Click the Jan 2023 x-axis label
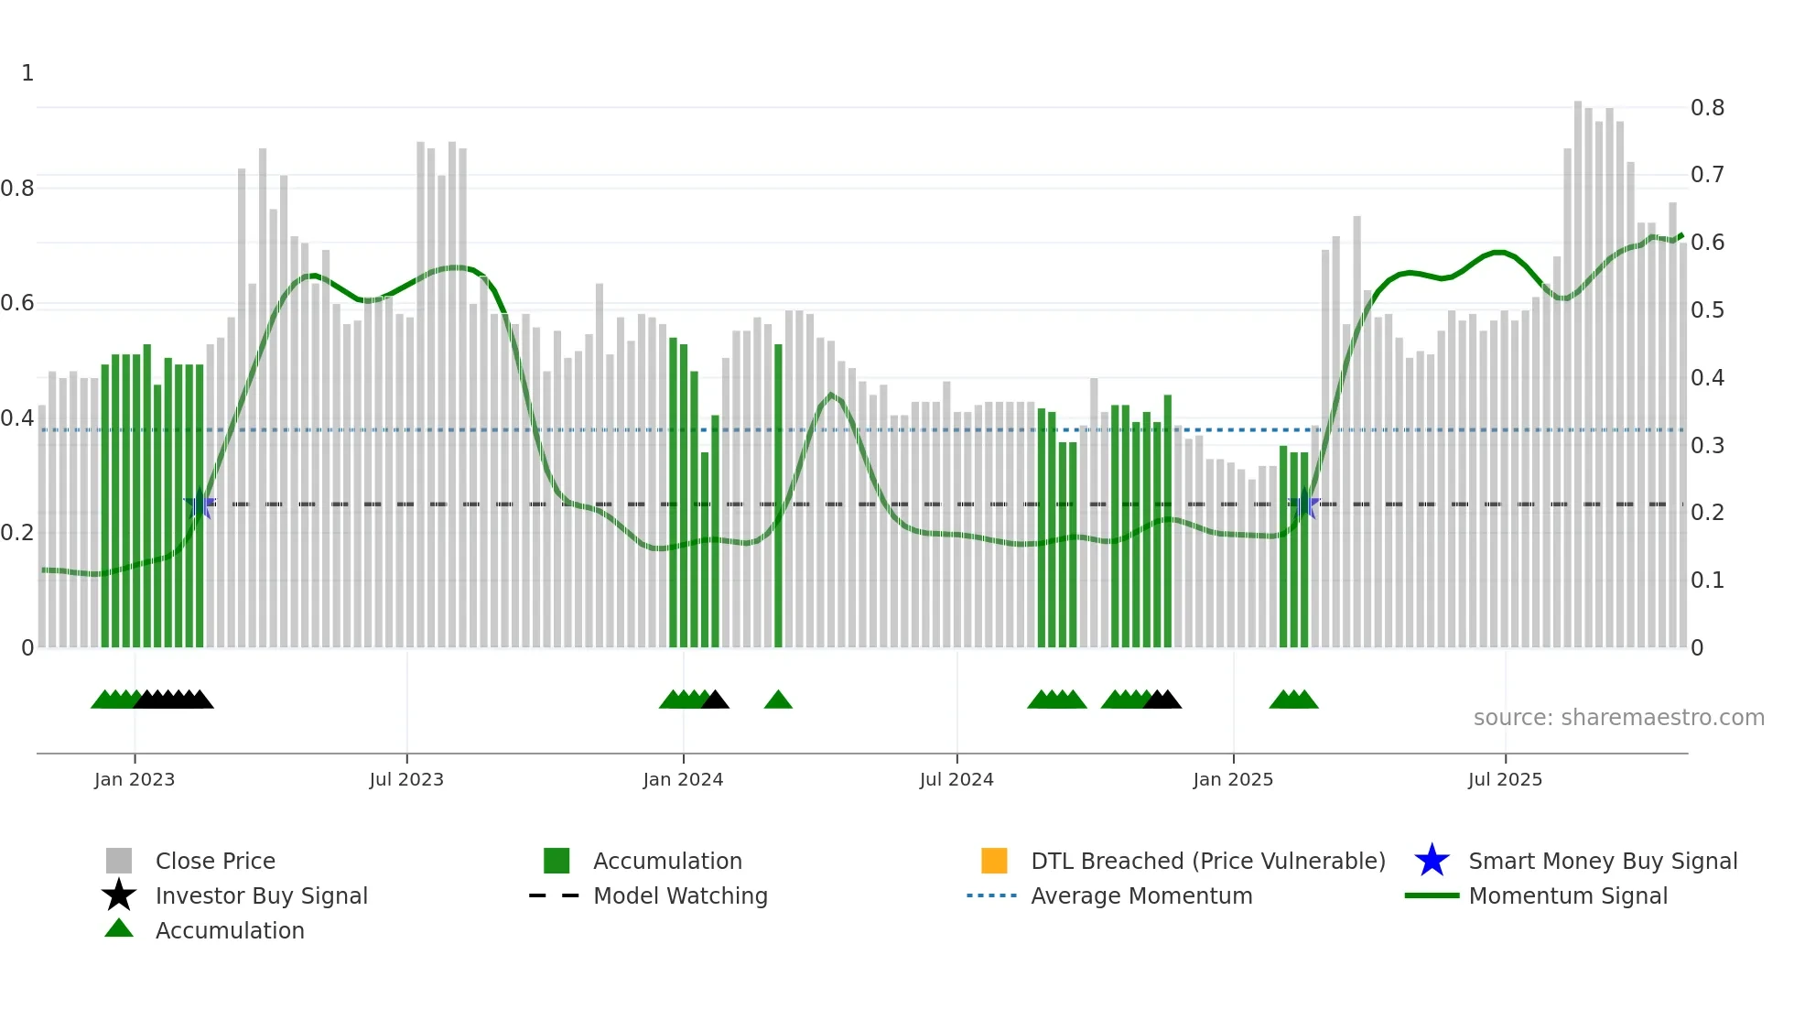click(x=135, y=779)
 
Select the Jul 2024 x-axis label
click(x=956, y=779)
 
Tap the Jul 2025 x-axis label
click(x=1505, y=779)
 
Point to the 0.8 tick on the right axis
click(x=1707, y=108)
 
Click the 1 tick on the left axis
click(x=27, y=73)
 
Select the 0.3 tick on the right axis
click(x=1707, y=446)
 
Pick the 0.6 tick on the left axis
click(x=17, y=303)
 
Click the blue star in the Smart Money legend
click(x=1432, y=861)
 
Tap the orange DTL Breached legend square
click(x=994, y=861)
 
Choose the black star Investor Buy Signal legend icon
click(x=119, y=895)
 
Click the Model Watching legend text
click(x=680, y=895)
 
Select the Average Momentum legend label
click(x=1141, y=895)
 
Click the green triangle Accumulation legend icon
click(x=119, y=929)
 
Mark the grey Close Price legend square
click(x=119, y=861)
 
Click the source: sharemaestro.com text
click(x=1618, y=718)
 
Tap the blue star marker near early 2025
click(x=1303, y=504)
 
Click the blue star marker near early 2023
click(x=200, y=504)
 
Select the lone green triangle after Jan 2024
click(x=778, y=700)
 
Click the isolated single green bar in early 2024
click(x=778, y=494)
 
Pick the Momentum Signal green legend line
click(x=1432, y=895)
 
